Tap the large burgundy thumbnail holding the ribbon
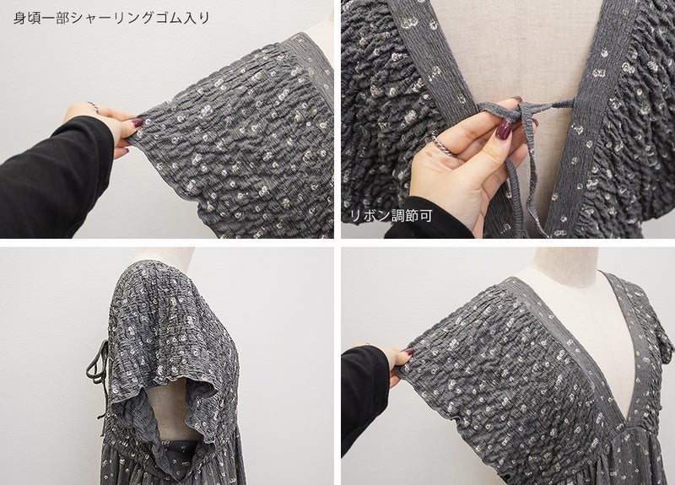pyautogui.click(x=503, y=129)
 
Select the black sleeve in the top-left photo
pyautogui.click(x=51, y=180)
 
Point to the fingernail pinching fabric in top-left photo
pyautogui.click(x=137, y=122)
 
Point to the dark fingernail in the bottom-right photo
pyautogui.click(x=408, y=353)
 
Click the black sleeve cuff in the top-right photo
pyautogui.click(x=430, y=218)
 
